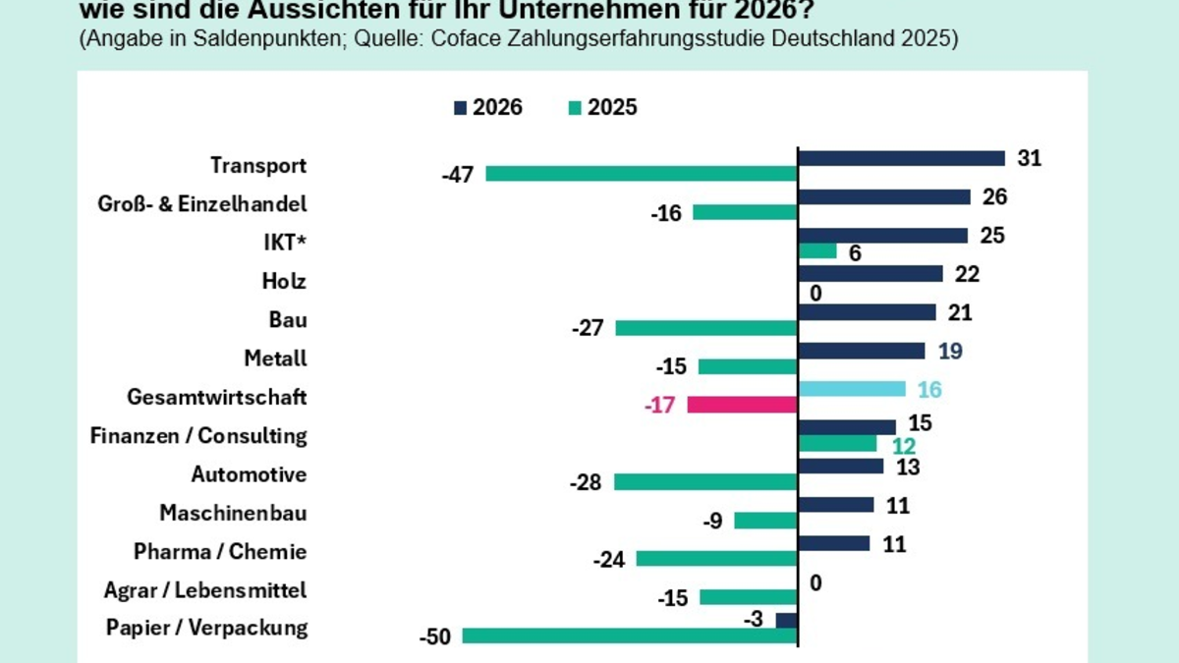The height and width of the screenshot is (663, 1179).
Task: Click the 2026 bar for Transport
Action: [x=901, y=158]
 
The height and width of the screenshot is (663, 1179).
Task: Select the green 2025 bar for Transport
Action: [x=641, y=174]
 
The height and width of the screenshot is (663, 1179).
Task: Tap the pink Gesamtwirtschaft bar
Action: [x=742, y=405]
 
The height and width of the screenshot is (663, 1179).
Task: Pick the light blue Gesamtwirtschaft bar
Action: [x=852, y=389]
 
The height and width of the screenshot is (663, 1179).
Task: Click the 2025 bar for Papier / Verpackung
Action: [x=629, y=636]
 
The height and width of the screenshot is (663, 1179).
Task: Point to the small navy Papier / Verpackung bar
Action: [x=786, y=621]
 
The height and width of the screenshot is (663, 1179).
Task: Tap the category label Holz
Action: [x=285, y=282]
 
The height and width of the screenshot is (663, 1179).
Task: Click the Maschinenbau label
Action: [x=233, y=513]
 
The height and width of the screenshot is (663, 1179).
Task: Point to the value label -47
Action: [x=458, y=175]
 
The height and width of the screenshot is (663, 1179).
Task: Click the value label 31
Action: [x=1029, y=158]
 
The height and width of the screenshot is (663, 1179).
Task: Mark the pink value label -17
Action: [x=660, y=405]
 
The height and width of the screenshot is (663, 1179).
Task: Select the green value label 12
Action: [x=903, y=444]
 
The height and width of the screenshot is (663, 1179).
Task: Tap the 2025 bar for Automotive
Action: [x=705, y=482]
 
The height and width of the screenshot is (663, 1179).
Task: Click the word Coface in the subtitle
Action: [x=537, y=41]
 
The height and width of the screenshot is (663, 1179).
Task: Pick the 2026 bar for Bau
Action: [x=867, y=312]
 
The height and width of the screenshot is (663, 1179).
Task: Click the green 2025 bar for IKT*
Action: [x=817, y=251]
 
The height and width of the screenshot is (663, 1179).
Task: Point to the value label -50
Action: [x=434, y=637]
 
